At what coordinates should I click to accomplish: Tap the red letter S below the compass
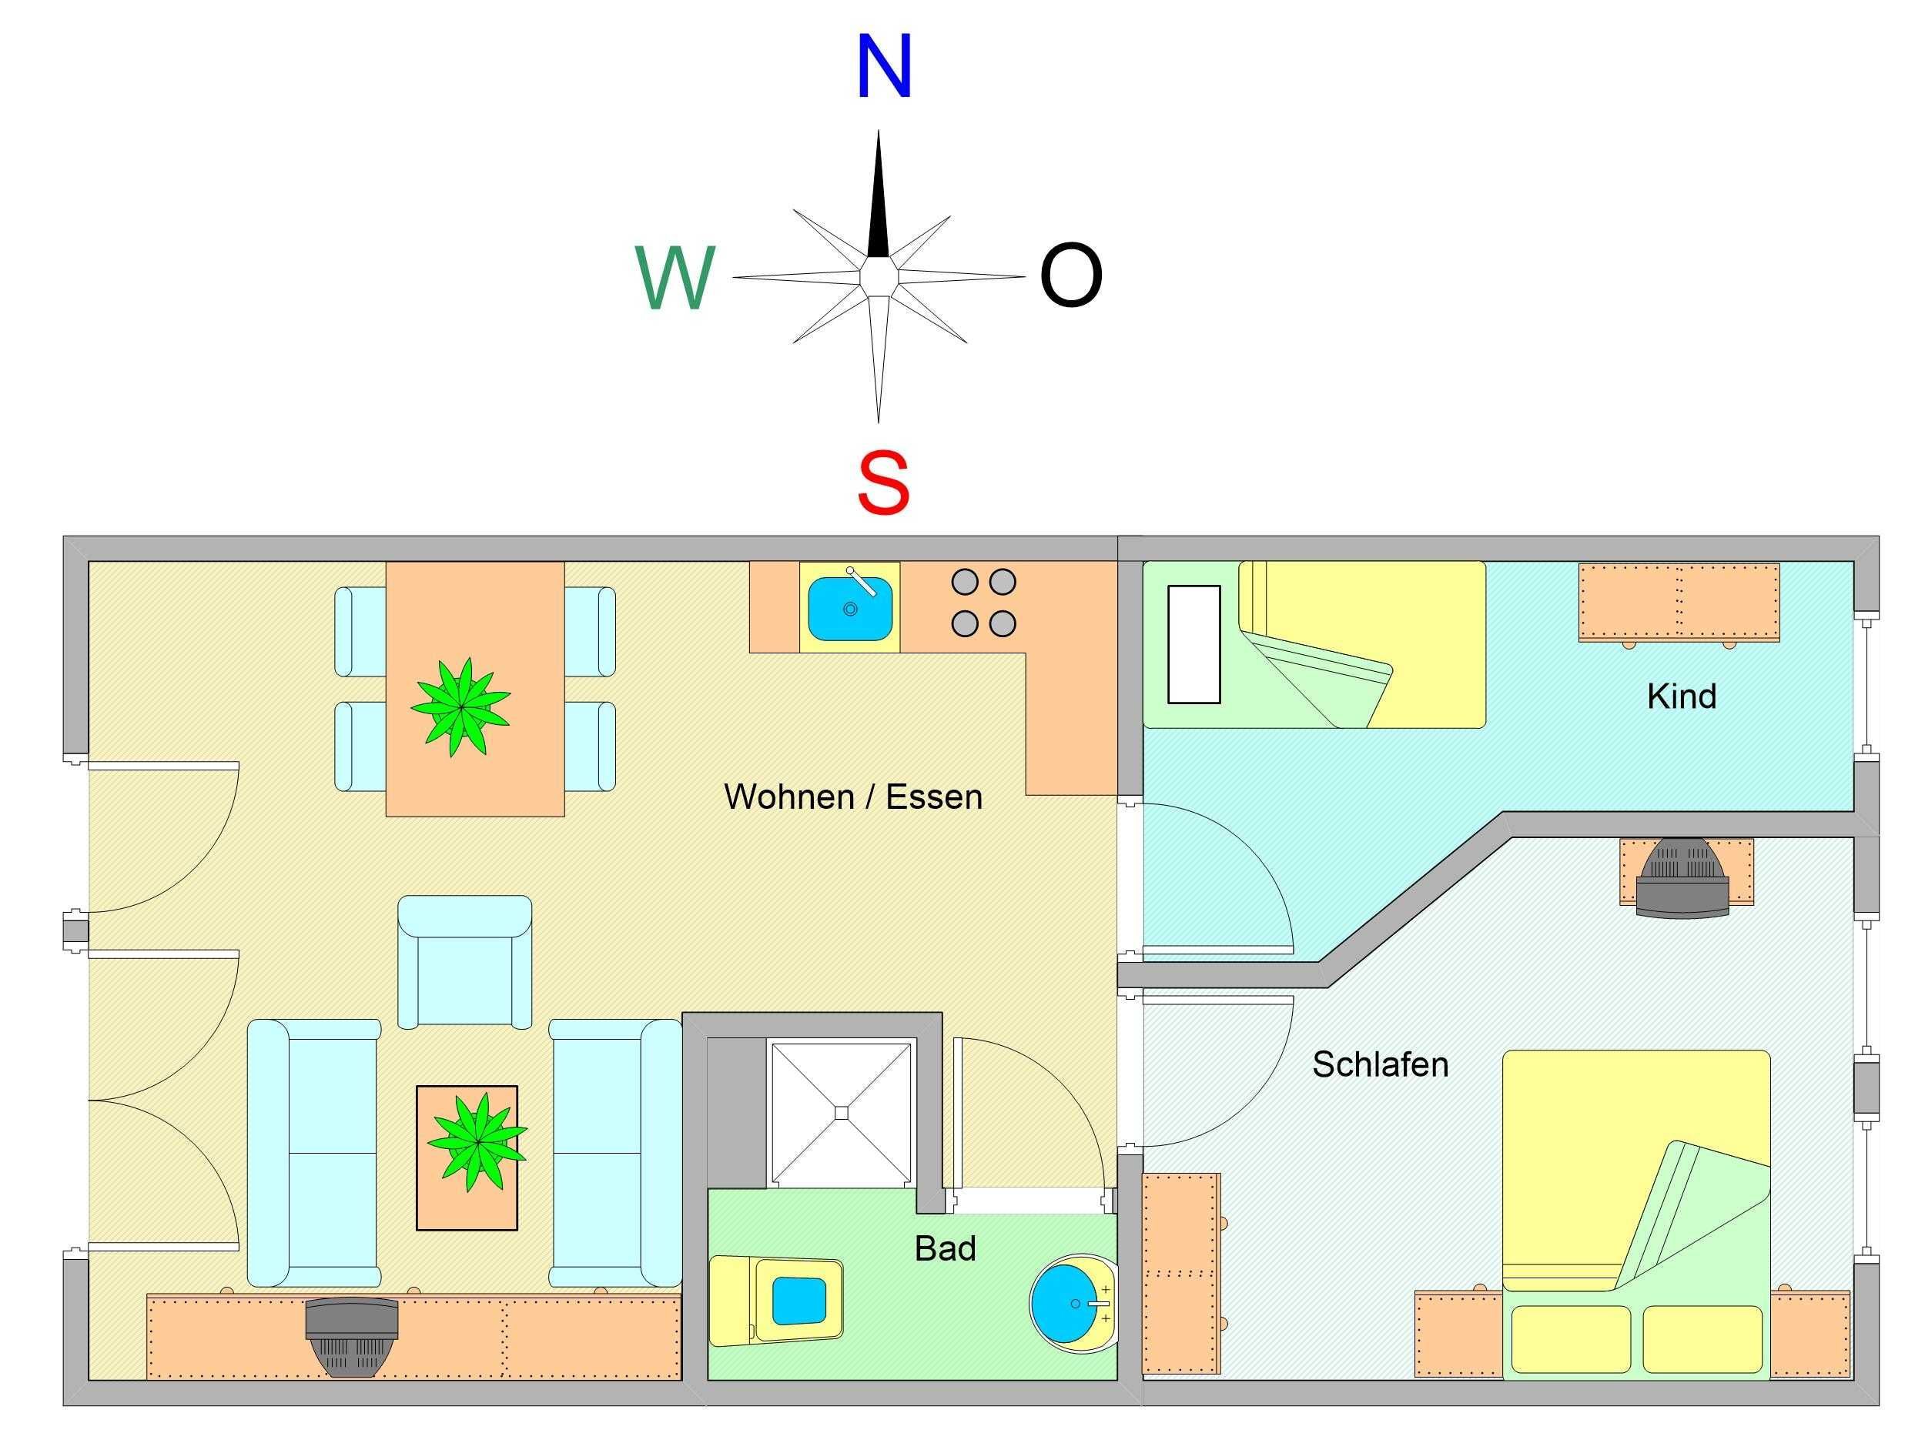[x=883, y=483]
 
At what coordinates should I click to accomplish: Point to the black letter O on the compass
[x=1071, y=275]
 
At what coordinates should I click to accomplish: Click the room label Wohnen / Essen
[x=853, y=797]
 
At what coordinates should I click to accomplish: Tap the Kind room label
[x=1682, y=696]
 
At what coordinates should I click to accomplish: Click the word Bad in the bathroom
[x=945, y=1248]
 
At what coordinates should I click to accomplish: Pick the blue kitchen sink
[x=850, y=607]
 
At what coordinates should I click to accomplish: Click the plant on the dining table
[x=460, y=706]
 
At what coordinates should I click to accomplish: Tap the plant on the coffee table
[x=477, y=1141]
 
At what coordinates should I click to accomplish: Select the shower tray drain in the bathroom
[x=841, y=1111]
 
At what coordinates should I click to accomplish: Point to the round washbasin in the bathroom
[x=1073, y=1303]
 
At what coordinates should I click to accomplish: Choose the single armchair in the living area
[x=465, y=962]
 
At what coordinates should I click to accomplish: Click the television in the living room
[x=352, y=1337]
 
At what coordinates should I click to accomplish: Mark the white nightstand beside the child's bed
[x=1194, y=643]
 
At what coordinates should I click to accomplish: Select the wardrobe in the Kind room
[x=1679, y=603]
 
